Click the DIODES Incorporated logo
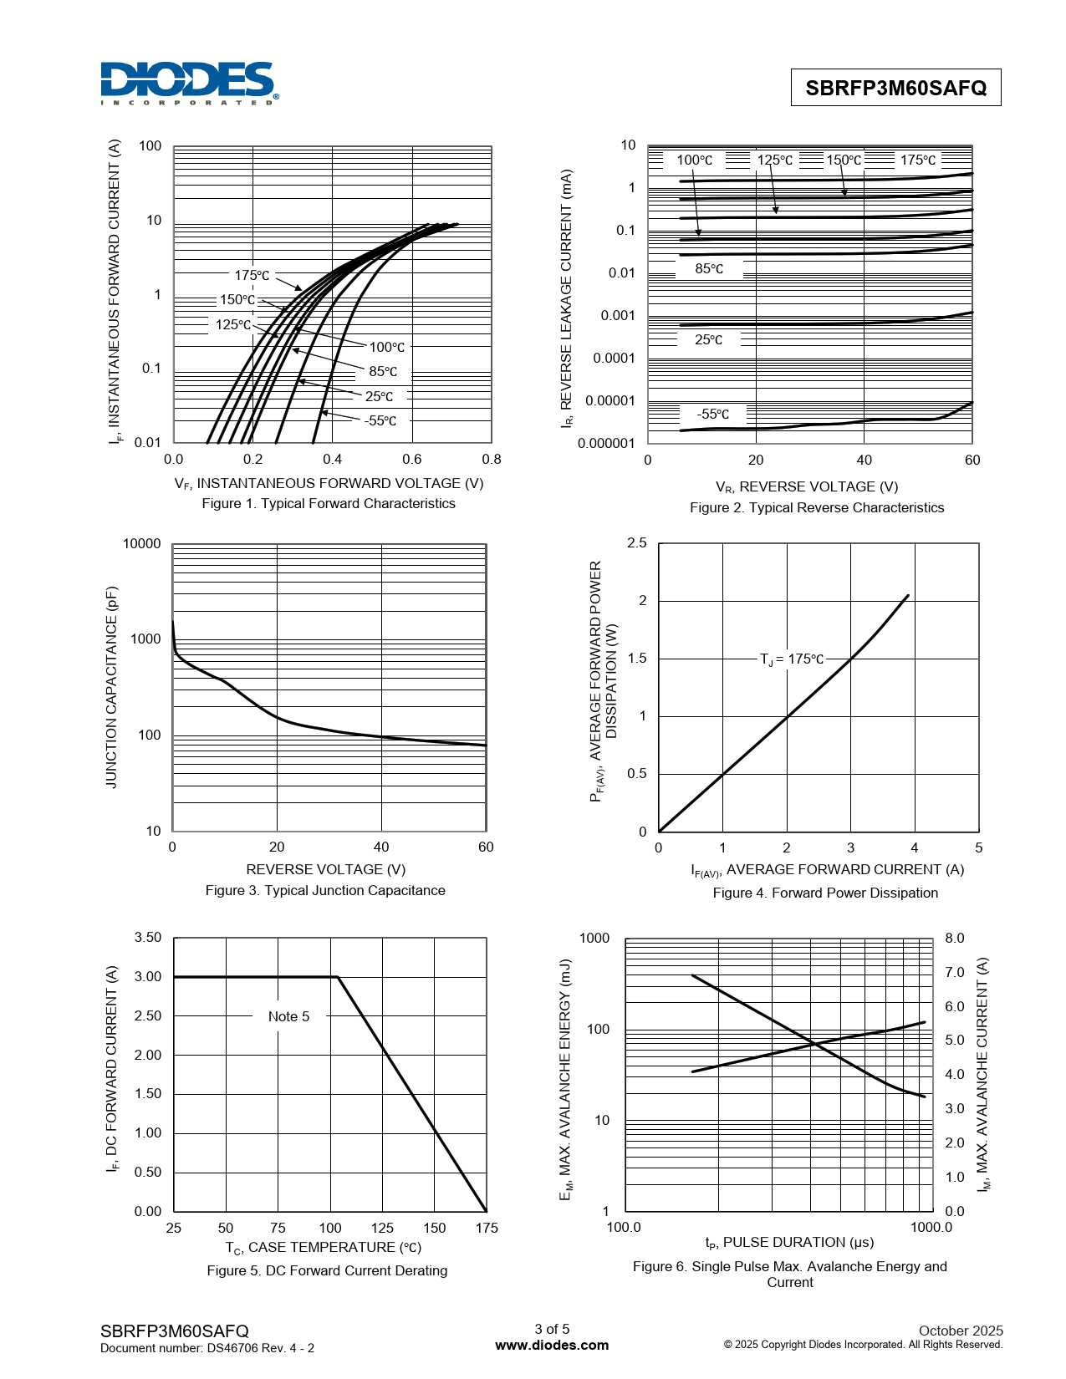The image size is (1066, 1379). [189, 83]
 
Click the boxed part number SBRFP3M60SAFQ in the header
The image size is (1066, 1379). [895, 88]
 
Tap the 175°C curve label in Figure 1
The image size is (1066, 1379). [252, 276]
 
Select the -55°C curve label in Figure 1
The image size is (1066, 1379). [380, 420]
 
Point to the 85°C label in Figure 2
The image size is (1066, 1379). [708, 268]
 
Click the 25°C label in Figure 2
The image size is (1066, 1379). [708, 339]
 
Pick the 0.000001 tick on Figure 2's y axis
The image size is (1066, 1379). [605, 443]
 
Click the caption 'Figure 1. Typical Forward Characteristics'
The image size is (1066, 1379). [329, 503]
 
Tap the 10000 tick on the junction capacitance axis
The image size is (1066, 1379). [141, 543]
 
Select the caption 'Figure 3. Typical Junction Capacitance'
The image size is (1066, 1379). [325, 890]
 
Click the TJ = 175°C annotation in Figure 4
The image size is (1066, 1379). [792, 659]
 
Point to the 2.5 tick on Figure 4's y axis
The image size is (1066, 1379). [637, 542]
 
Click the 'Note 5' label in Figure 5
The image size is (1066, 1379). [289, 1016]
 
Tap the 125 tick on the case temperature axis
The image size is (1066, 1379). [382, 1228]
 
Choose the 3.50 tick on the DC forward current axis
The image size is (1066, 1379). [148, 938]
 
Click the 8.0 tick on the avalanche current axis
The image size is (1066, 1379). [954, 938]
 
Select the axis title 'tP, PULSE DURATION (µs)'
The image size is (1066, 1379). [789, 1243]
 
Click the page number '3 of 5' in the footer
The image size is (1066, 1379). [552, 1329]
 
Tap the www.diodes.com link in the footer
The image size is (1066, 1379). [552, 1346]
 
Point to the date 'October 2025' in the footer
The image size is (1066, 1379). [961, 1331]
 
